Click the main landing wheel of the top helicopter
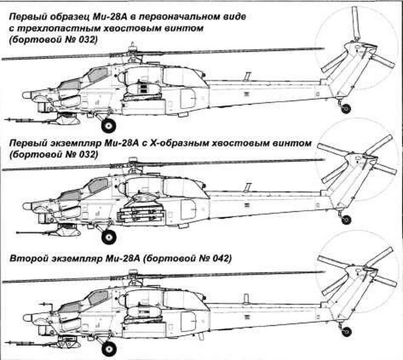(x=109, y=126)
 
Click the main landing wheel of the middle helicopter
(x=109, y=237)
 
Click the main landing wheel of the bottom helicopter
(x=109, y=349)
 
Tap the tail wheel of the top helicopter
(x=346, y=108)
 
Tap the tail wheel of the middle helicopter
(x=347, y=220)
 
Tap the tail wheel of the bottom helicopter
(x=347, y=331)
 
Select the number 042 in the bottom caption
(x=220, y=258)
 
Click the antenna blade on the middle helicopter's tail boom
(x=248, y=187)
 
